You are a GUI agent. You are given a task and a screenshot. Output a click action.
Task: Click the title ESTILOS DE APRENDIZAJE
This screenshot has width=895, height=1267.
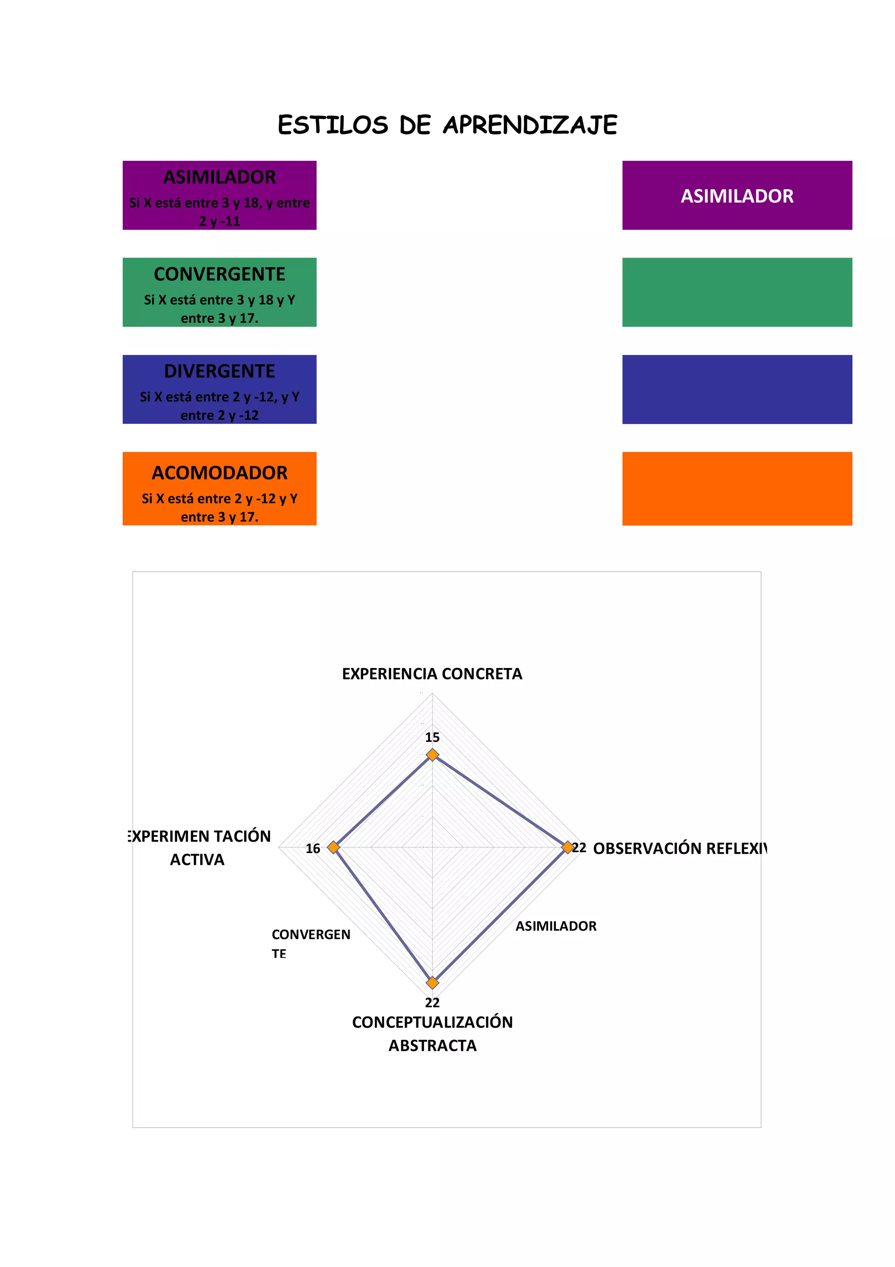pyautogui.click(x=447, y=125)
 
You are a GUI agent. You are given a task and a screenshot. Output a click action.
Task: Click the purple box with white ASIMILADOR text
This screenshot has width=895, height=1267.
pyautogui.click(x=737, y=195)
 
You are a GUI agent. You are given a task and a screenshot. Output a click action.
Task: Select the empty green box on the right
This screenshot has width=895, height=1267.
pyautogui.click(x=737, y=292)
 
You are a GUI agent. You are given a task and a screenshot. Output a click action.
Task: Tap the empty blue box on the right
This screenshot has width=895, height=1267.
pyautogui.click(x=737, y=389)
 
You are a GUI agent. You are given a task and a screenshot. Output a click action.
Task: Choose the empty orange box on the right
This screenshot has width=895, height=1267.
pyautogui.click(x=737, y=488)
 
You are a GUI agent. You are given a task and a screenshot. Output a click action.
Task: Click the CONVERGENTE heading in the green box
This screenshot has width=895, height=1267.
pyautogui.click(x=219, y=274)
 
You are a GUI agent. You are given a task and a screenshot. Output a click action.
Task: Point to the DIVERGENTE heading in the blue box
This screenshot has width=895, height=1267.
pyautogui.click(x=219, y=371)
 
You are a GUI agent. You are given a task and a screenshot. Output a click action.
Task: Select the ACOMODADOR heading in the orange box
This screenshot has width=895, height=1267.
pyautogui.click(x=219, y=473)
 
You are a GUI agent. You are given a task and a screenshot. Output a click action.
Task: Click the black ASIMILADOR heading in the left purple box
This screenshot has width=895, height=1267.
pyautogui.click(x=219, y=177)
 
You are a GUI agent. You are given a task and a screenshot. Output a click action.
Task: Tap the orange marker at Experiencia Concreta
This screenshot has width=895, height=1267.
pyautogui.click(x=432, y=754)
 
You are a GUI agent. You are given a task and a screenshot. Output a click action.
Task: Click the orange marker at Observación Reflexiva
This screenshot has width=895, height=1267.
pyautogui.click(x=567, y=847)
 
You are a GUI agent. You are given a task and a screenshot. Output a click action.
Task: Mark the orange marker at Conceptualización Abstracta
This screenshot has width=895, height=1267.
pyautogui.click(x=432, y=983)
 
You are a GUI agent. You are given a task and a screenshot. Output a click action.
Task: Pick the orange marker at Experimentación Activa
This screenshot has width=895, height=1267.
pyautogui.click(x=333, y=847)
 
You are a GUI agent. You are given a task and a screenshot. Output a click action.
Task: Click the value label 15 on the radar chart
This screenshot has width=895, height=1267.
pyautogui.click(x=432, y=737)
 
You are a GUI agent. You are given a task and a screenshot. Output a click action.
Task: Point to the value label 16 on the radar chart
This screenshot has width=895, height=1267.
pyautogui.click(x=312, y=849)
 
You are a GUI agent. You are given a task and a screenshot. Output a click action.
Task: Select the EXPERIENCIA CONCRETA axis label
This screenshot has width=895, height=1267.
pyautogui.click(x=432, y=674)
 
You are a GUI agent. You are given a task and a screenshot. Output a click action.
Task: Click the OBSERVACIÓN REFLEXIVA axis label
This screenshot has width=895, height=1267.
pyautogui.click(x=680, y=848)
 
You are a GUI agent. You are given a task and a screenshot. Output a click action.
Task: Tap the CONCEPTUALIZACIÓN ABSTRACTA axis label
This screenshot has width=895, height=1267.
pyautogui.click(x=432, y=1034)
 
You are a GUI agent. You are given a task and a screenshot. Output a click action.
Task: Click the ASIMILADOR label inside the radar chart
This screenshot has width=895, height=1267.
pyautogui.click(x=556, y=926)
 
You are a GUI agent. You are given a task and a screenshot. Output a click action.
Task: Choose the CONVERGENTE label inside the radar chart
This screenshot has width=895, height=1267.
pyautogui.click(x=310, y=943)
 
